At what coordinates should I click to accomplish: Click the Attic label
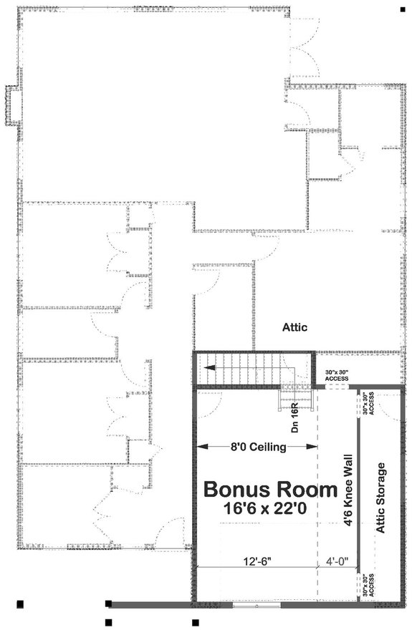coord(294,327)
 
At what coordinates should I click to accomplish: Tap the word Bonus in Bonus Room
coord(236,490)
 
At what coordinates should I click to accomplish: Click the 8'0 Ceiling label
coord(258,447)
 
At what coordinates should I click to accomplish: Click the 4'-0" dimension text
coord(337,563)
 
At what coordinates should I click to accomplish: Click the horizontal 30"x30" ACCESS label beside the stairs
coord(337,375)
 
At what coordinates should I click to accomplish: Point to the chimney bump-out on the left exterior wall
coord(11,106)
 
